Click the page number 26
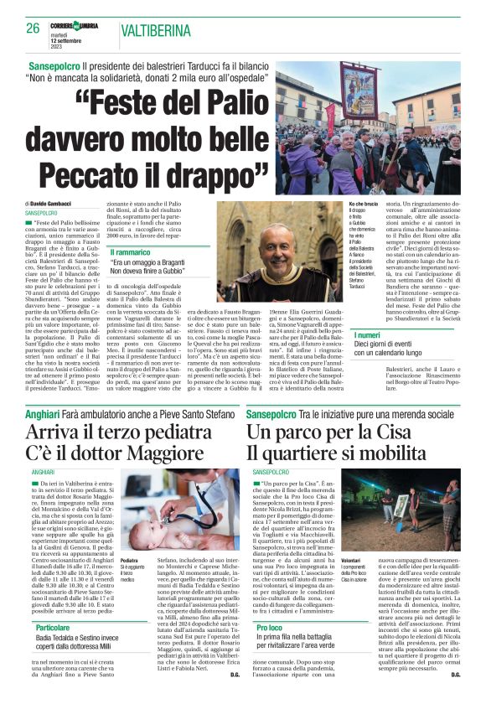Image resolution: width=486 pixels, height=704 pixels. point(33,28)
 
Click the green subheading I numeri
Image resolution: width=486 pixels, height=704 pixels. point(368,335)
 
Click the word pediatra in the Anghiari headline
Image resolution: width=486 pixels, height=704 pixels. point(185,434)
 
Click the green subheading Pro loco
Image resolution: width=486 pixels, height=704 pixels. point(270,625)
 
